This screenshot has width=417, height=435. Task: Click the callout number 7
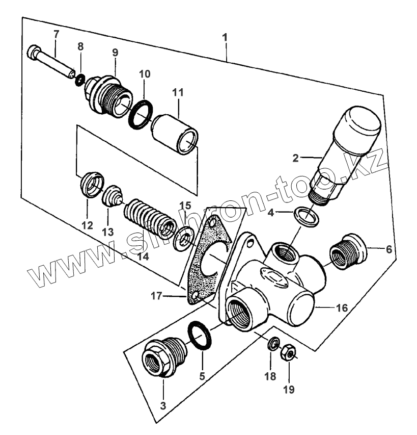[56, 34]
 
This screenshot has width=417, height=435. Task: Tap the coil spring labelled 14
[150, 218]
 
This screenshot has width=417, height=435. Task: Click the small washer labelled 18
[273, 344]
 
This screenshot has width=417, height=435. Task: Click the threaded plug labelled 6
[348, 251]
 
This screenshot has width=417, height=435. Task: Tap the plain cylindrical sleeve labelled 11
[175, 135]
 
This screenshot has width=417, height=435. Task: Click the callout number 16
[342, 308]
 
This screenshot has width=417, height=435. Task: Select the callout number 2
[296, 158]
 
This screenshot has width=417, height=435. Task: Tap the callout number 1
[225, 37]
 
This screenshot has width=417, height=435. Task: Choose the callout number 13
[108, 232]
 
